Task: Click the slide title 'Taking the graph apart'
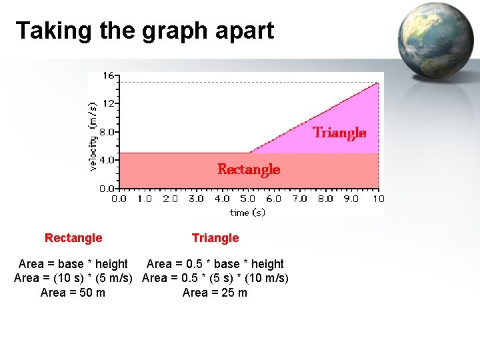[x=145, y=31]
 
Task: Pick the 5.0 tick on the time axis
[x=248, y=199]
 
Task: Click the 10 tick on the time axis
[x=378, y=199]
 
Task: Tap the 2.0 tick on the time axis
[x=170, y=199]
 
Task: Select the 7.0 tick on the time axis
[x=300, y=199]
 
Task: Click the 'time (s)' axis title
[x=247, y=212]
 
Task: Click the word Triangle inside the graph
[x=339, y=133]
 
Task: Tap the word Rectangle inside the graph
[x=249, y=169]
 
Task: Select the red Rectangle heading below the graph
[x=73, y=238]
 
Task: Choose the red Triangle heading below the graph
[x=215, y=238]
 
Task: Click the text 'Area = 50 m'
[x=73, y=293]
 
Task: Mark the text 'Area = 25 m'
[x=215, y=293]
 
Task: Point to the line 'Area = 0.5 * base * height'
[x=215, y=264]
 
